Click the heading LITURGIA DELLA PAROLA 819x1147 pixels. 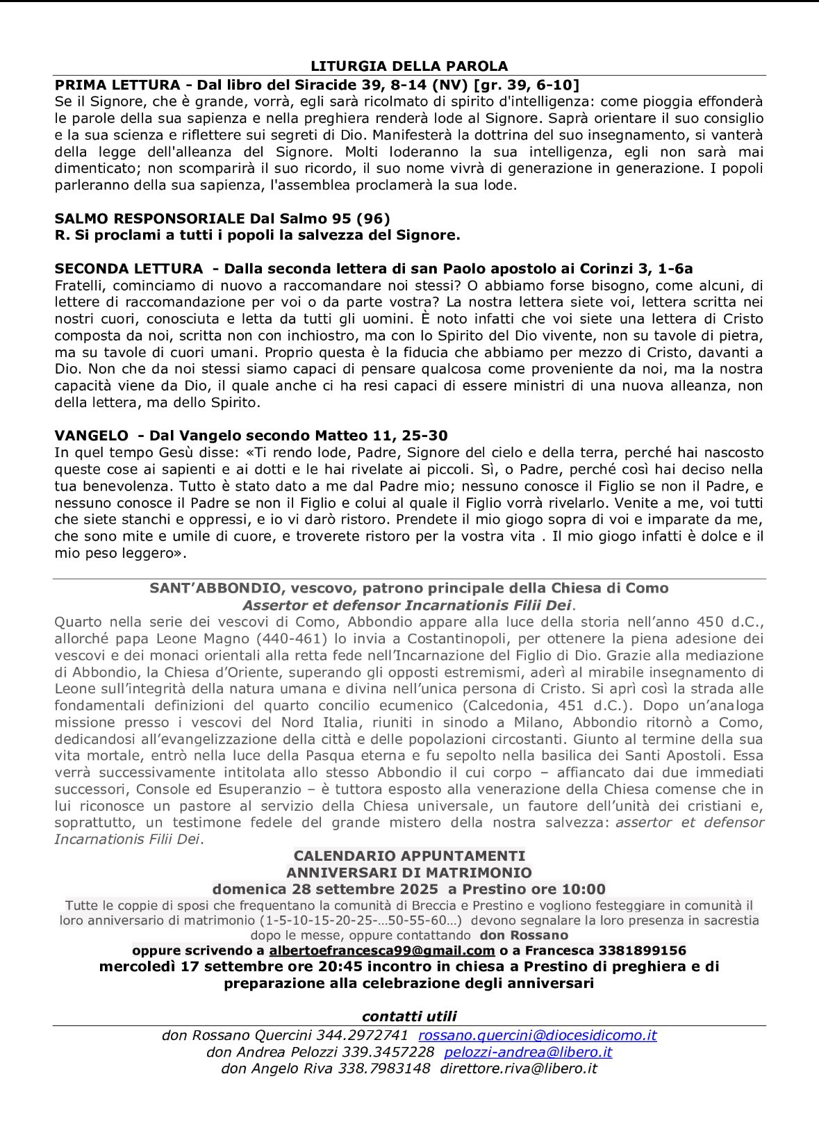tap(409, 67)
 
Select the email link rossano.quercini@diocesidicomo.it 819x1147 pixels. tap(537, 1035)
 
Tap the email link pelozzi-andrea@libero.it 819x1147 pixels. tap(528, 1052)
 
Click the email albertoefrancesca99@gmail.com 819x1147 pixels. tap(382, 950)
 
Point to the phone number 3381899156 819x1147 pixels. tap(643, 950)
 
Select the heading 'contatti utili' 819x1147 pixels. tap(409, 1016)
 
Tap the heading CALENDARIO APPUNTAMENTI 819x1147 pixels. tap(409, 856)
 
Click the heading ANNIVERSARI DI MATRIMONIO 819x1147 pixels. tap(409, 873)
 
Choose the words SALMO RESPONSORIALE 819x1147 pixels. tap(150, 219)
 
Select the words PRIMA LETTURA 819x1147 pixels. tap(117, 85)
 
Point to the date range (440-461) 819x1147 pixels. tap(292, 638)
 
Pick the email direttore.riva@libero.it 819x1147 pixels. tap(518, 1068)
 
